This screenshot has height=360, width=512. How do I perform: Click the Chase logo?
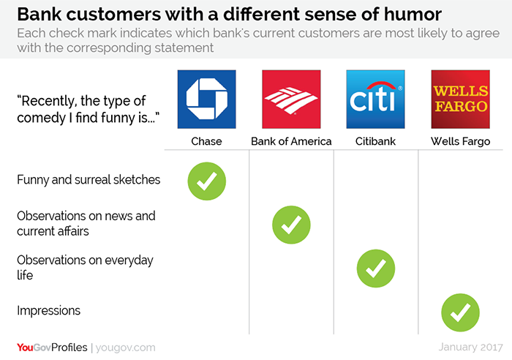point(207,100)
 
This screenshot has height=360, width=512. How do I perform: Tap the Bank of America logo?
point(291,100)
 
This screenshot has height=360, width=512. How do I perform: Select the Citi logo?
point(375,100)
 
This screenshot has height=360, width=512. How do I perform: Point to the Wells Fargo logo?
point(460,100)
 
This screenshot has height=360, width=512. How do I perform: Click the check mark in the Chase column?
point(207,181)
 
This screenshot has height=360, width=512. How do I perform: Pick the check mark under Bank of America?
point(291,225)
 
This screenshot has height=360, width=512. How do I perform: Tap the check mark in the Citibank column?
point(376,269)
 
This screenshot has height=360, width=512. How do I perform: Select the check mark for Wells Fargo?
point(460,312)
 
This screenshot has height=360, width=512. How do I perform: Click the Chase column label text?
point(206,141)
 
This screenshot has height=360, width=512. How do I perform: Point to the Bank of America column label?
point(291,141)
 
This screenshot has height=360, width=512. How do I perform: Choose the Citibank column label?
point(375,141)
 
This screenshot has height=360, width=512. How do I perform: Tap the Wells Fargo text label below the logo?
point(460,141)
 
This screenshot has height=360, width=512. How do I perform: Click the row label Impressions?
point(49,311)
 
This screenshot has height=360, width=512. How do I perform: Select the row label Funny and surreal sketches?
point(89,180)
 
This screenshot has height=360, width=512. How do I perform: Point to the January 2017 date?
point(470,347)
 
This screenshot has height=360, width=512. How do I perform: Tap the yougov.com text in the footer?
point(126,348)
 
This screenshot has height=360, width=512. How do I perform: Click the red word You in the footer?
point(25,348)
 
